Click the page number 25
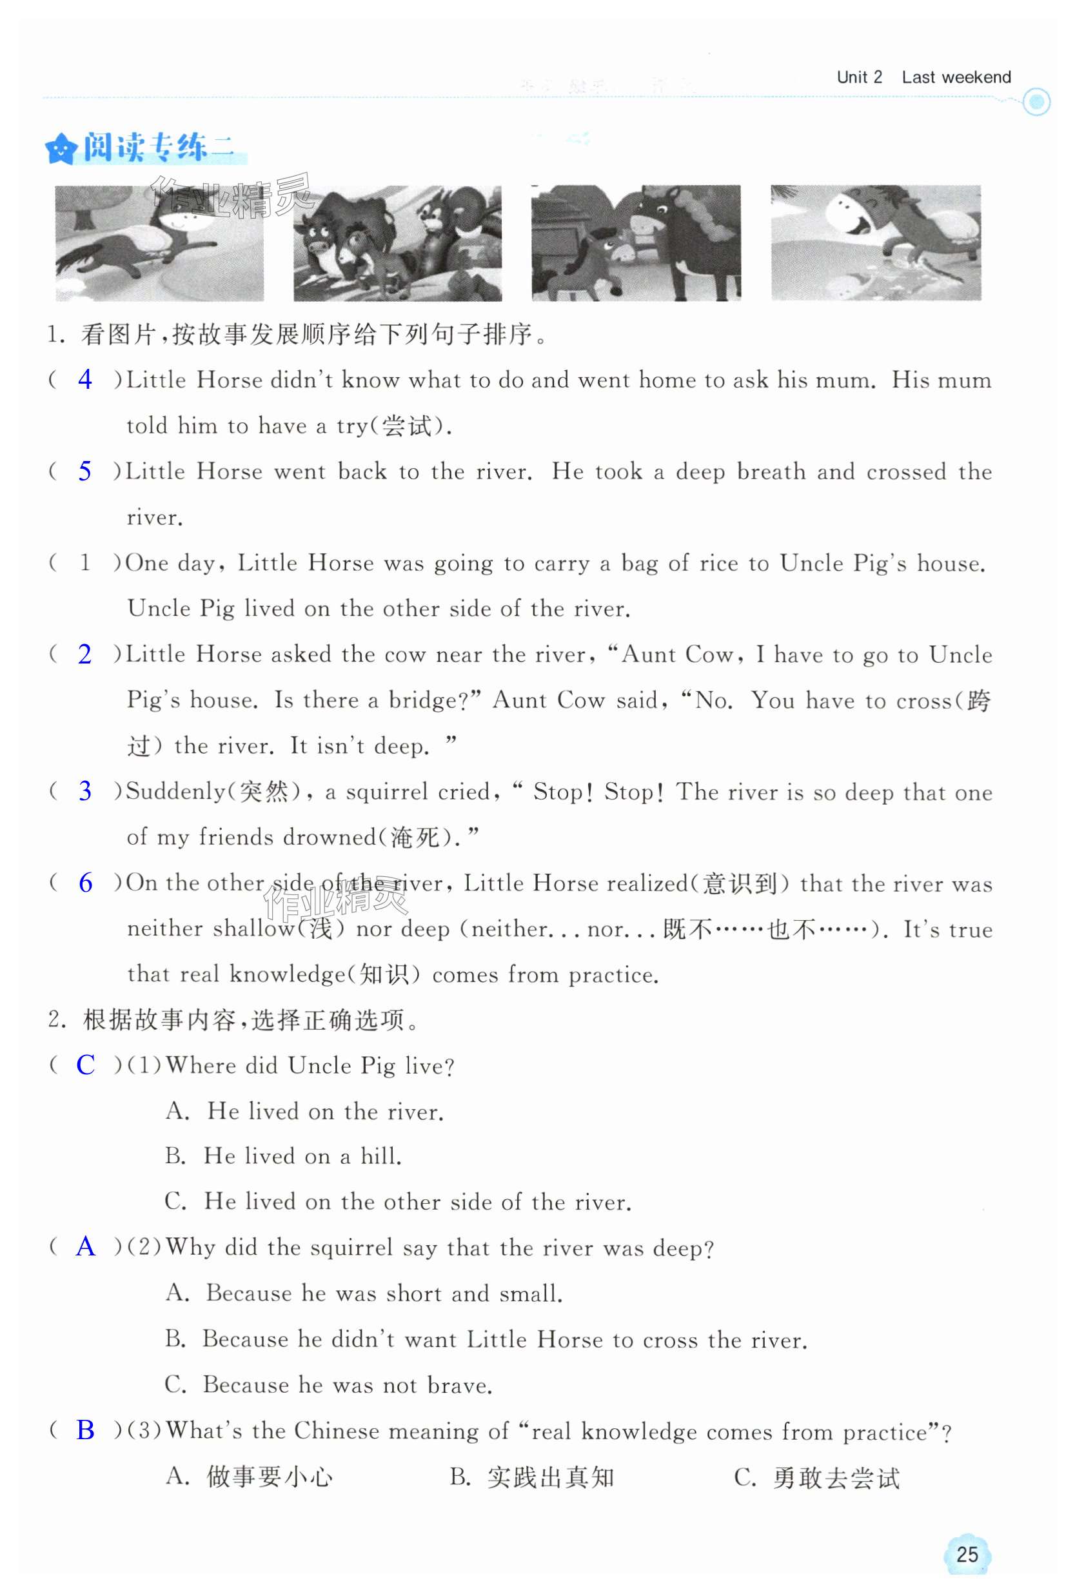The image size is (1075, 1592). click(967, 1555)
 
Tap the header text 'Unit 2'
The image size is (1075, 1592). click(859, 77)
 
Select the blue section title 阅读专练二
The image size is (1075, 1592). click(157, 147)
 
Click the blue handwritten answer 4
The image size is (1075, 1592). click(85, 380)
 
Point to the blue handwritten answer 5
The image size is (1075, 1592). click(85, 471)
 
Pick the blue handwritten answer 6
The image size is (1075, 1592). click(86, 883)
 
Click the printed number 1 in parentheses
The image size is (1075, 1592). click(85, 563)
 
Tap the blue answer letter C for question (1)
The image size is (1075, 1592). click(86, 1065)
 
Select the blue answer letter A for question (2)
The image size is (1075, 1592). click(86, 1247)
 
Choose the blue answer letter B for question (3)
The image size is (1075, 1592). click(86, 1430)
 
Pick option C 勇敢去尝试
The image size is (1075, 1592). click(816, 1478)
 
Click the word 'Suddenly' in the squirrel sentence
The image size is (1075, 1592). click(175, 792)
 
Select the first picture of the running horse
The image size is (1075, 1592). click(160, 243)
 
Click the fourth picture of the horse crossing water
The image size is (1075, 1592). click(875, 243)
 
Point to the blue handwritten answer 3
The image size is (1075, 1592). click(85, 791)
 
